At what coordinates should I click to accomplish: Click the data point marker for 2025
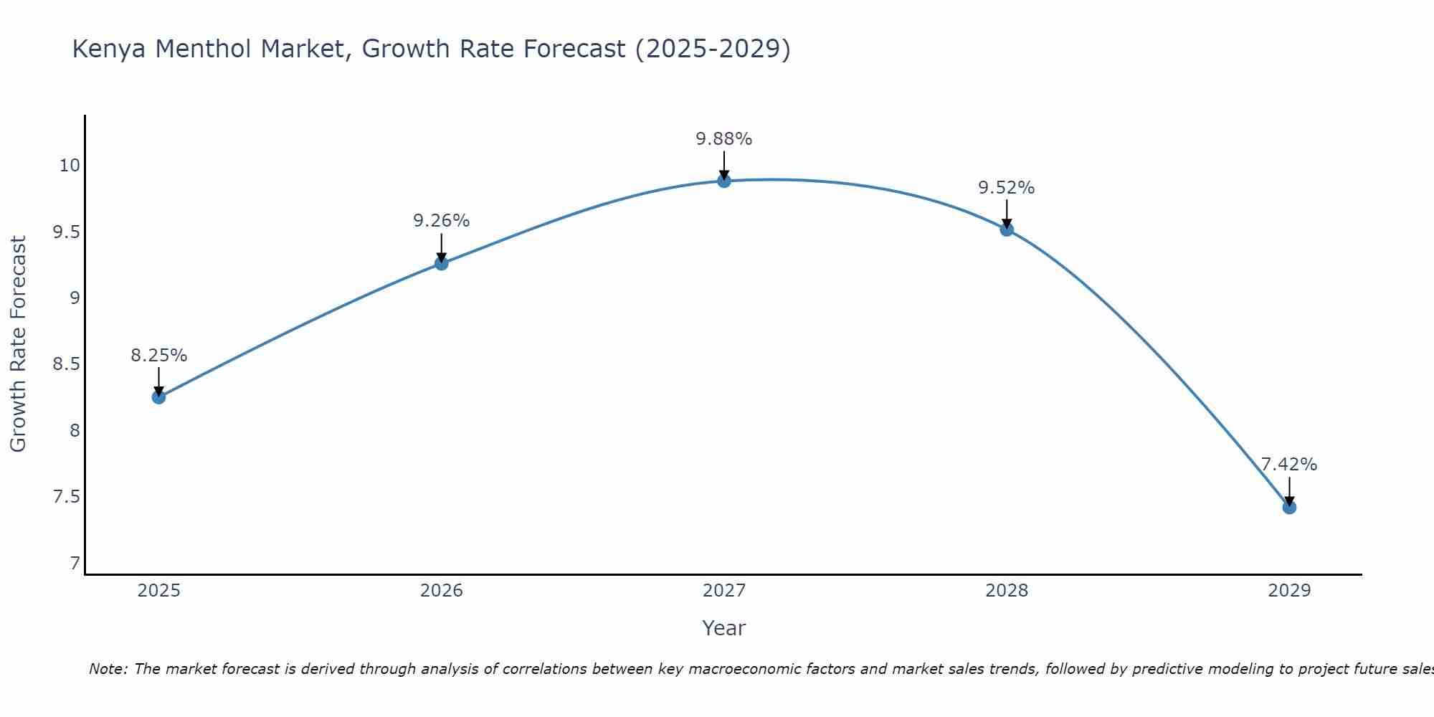point(158,397)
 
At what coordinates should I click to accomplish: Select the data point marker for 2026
point(441,263)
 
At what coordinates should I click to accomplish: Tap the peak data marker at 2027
point(724,181)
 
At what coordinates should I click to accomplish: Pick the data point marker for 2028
point(1007,229)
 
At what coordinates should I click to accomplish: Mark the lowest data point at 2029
point(1289,508)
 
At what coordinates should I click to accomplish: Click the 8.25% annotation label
point(158,356)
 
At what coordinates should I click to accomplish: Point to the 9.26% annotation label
point(441,221)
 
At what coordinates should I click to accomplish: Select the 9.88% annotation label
point(724,139)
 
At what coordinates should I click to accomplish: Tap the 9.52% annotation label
point(1007,188)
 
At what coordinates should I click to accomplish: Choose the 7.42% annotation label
point(1289,465)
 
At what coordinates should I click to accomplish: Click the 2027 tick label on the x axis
point(724,591)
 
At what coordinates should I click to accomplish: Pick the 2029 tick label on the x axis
point(1289,591)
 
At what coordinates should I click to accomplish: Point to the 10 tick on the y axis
point(70,166)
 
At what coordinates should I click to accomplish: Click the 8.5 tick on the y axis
point(66,364)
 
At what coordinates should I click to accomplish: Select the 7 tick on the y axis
point(75,564)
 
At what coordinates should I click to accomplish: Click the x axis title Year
point(724,628)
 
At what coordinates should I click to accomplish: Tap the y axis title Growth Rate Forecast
point(18,344)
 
